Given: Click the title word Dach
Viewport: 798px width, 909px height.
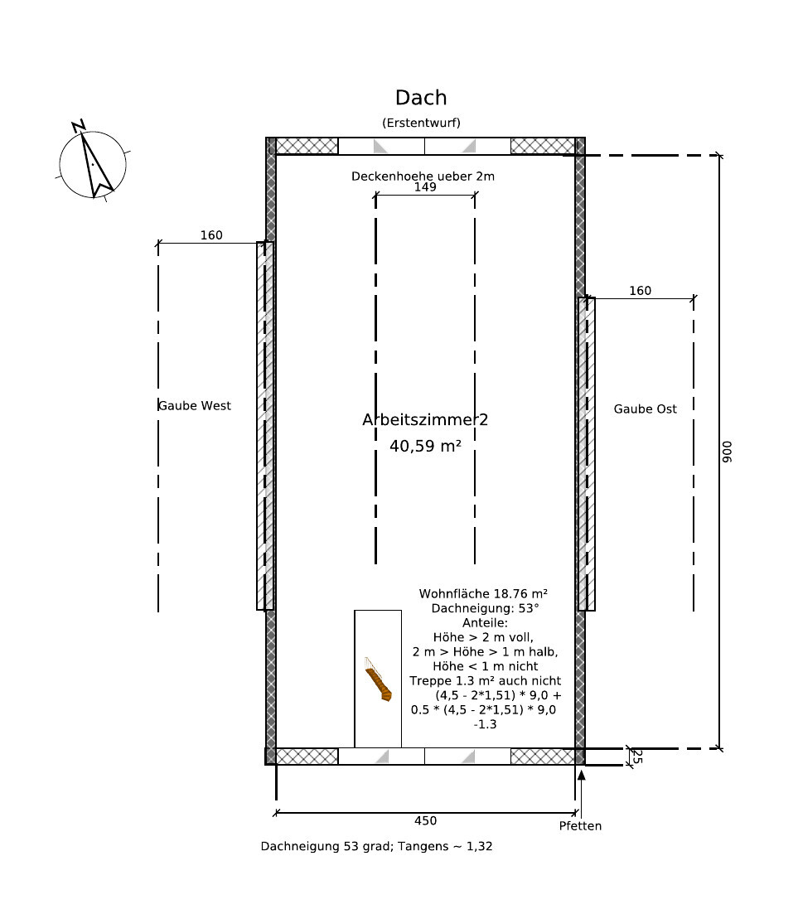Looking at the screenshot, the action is [421, 98].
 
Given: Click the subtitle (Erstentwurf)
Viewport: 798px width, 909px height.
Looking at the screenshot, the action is [421, 123].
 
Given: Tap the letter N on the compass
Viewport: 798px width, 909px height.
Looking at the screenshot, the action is [79, 126].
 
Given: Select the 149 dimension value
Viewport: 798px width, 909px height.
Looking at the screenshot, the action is [425, 186].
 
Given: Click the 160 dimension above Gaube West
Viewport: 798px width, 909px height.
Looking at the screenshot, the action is [211, 235].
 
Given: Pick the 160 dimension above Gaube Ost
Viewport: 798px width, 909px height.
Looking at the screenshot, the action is [641, 291].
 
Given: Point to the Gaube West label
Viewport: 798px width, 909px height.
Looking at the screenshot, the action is [195, 406].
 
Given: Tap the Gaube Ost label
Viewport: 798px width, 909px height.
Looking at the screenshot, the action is [646, 409].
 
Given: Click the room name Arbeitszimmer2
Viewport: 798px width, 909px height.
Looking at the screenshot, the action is [425, 420].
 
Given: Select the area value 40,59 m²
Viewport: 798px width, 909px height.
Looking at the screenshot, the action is [425, 446].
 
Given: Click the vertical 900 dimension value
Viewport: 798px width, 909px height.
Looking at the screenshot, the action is [728, 452].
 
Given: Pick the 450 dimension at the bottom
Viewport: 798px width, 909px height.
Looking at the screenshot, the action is [426, 821].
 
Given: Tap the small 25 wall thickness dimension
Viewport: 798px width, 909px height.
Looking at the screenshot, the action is [636, 757].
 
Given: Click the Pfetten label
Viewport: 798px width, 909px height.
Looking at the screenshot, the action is [581, 826].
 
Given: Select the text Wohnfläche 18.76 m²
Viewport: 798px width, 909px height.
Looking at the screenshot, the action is [484, 593].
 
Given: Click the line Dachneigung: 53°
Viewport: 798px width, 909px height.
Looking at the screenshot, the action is [486, 608].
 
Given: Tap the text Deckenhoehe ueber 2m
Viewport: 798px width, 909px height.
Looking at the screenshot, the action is [423, 176].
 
